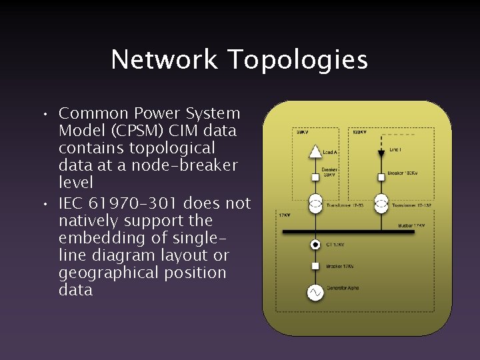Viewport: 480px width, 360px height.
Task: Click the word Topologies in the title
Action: [x=297, y=61]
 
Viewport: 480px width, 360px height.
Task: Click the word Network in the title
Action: [x=164, y=59]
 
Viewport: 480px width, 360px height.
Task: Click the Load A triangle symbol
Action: [x=315, y=152]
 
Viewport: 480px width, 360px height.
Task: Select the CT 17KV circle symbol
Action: [x=315, y=245]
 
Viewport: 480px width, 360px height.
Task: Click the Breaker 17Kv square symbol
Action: [x=315, y=266]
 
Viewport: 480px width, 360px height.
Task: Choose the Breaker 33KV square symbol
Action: [x=315, y=177]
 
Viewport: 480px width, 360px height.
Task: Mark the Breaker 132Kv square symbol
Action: [x=381, y=177]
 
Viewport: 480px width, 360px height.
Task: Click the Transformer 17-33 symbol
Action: [x=315, y=203]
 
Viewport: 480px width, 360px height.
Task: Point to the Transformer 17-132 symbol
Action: [x=381, y=203]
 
